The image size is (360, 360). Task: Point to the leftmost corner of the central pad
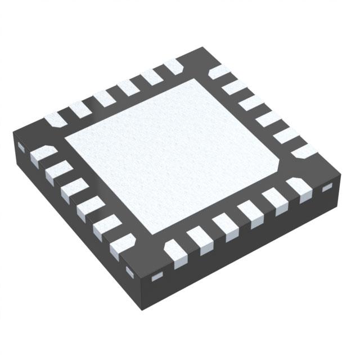pos(66,138)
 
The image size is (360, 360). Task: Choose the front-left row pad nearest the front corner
pos(120,247)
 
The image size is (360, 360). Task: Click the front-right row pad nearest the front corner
pos(174,247)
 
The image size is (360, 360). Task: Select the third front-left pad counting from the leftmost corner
pos(71,189)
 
